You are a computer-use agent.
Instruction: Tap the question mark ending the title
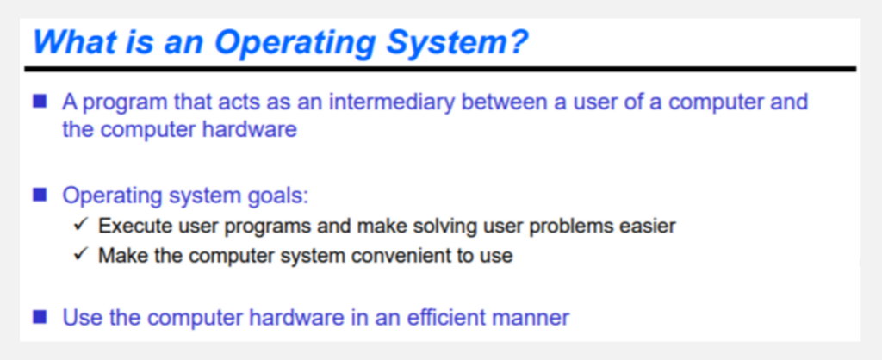(518, 41)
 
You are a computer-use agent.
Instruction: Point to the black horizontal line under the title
(440, 69)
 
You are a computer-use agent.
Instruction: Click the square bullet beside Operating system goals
(40, 195)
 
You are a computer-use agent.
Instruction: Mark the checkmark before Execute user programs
(79, 226)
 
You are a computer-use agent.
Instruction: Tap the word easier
(647, 226)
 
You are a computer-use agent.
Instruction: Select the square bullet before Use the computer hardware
(40, 317)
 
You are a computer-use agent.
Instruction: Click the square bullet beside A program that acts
(40, 102)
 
